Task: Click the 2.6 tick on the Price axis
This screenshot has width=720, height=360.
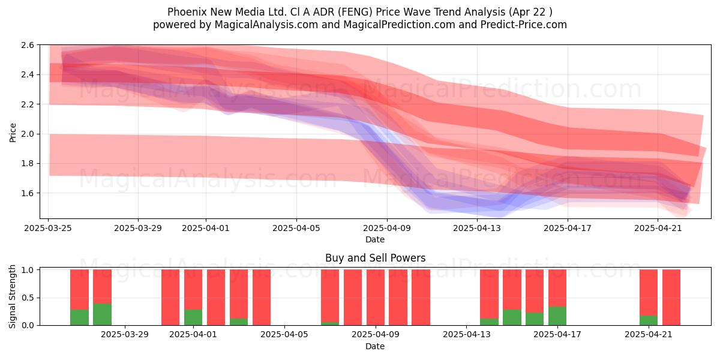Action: coord(28,45)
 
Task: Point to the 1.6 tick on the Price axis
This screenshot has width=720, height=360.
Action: coord(28,193)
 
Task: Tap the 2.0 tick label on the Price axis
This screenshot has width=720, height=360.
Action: coord(28,134)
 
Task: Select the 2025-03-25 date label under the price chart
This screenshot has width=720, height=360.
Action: coord(48,228)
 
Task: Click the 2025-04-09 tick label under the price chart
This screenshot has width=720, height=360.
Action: coord(387,228)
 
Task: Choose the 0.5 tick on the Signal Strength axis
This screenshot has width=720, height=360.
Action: coord(28,298)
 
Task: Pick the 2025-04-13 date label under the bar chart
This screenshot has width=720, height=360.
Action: coord(467,335)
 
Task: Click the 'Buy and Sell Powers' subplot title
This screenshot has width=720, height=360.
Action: coord(375,258)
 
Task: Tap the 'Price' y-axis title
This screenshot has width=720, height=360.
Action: coord(13,133)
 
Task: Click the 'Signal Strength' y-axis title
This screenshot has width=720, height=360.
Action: coord(12,296)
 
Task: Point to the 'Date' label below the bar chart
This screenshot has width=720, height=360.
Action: coord(375,346)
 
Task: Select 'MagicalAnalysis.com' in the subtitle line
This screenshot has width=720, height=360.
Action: coord(266,25)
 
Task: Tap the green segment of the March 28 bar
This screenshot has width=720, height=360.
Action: coord(102,314)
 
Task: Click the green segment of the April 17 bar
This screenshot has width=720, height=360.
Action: coord(557,316)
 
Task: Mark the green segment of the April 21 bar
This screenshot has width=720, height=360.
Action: coord(649,320)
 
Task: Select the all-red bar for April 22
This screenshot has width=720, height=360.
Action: coord(671,298)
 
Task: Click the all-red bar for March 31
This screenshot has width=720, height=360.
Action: coord(170,298)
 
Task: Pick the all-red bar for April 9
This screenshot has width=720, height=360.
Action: coord(376,298)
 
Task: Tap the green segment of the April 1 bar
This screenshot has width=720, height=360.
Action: coord(193,317)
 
